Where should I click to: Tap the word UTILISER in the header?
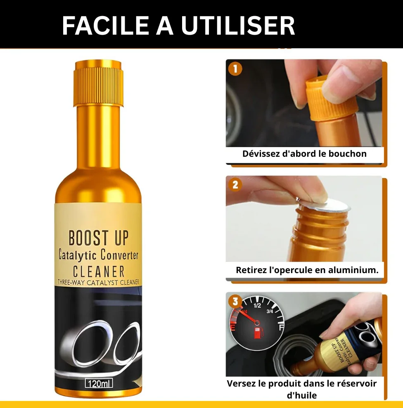point(238,26)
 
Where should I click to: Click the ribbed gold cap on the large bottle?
point(98,83)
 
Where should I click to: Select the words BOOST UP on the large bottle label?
point(98,238)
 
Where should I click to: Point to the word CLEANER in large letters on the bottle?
point(99,271)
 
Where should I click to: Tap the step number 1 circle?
point(235,69)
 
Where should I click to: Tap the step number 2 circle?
point(235,185)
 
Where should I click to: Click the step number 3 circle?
point(235,301)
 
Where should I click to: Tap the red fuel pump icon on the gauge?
point(258,333)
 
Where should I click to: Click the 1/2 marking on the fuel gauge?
point(257,305)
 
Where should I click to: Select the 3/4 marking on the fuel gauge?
point(270,311)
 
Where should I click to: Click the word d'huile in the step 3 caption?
point(302,395)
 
